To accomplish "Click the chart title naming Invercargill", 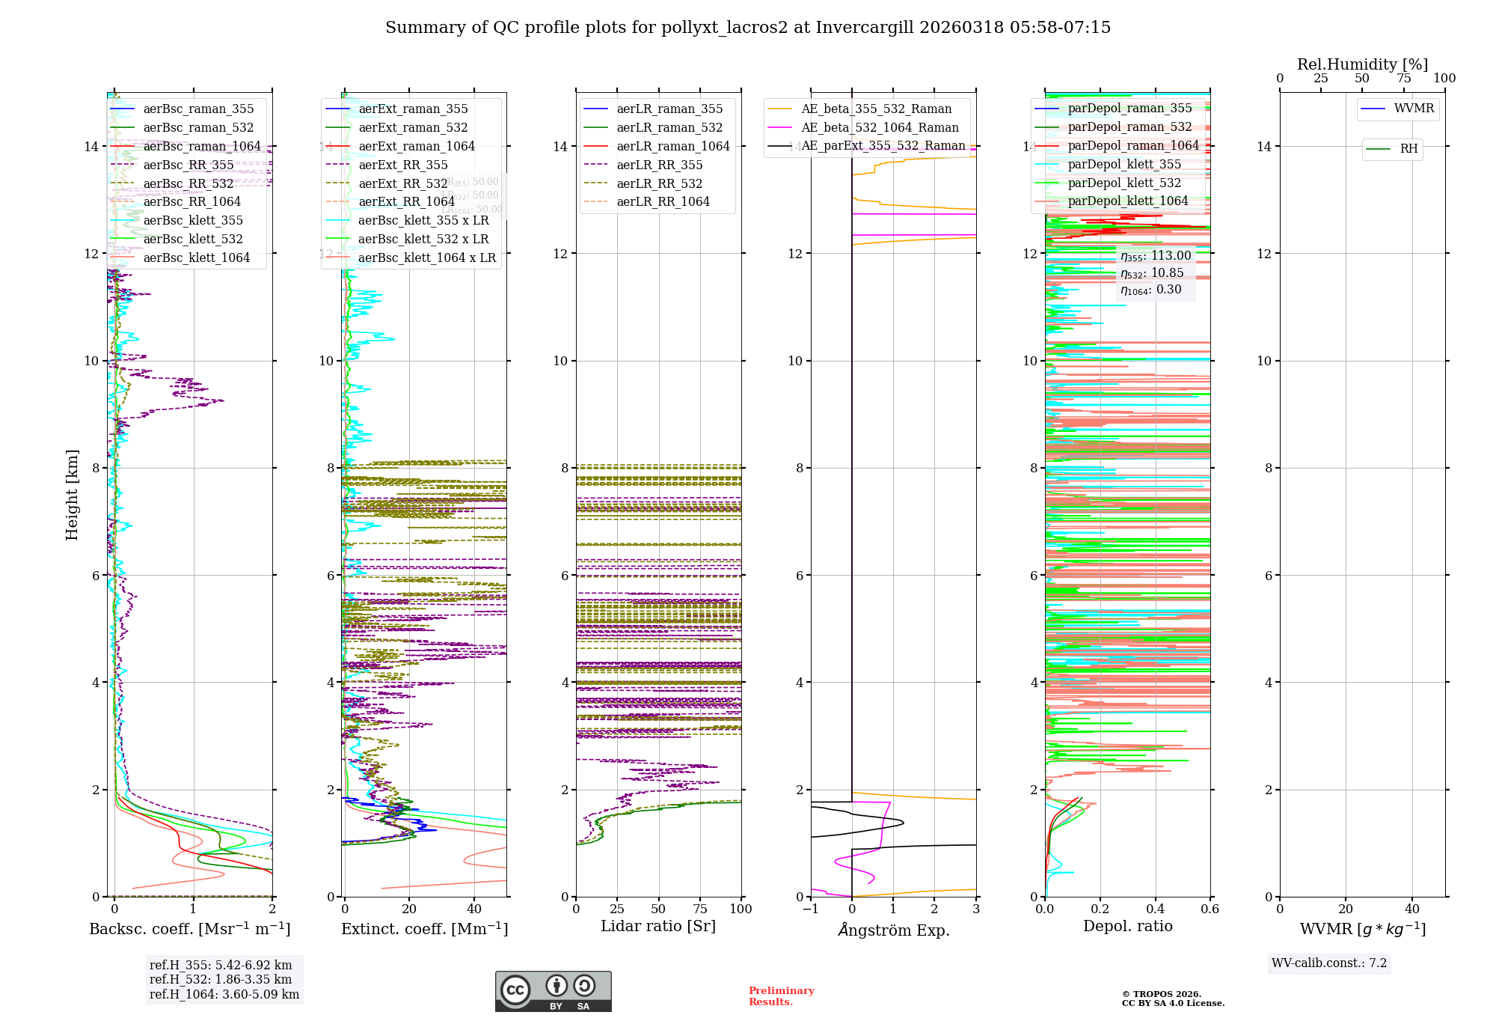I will point(748,28).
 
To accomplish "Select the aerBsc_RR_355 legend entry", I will point(188,165).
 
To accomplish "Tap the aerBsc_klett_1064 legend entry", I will point(196,257).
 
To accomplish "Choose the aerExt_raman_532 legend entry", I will point(413,128).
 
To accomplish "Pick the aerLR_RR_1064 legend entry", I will point(663,201).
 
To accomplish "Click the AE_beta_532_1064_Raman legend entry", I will point(880,127).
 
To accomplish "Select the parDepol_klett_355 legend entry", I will point(1124,164).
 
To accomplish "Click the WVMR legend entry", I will point(1414,109).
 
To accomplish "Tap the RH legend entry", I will point(1408,149).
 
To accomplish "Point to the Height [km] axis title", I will point(72,494).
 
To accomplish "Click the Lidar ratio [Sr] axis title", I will point(658,926).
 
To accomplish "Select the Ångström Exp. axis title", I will point(894,930).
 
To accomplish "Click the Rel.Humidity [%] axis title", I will point(1362,64).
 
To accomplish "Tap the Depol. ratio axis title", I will point(1128,926).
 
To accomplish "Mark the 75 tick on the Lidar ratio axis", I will point(700,909).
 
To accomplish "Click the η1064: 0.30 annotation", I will point(1151,290).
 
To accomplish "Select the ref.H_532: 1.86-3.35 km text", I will point(221,979).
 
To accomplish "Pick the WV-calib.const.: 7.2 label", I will point(1329,963).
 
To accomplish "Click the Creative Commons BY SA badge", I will point(553,991).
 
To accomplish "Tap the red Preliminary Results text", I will point(781,996).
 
